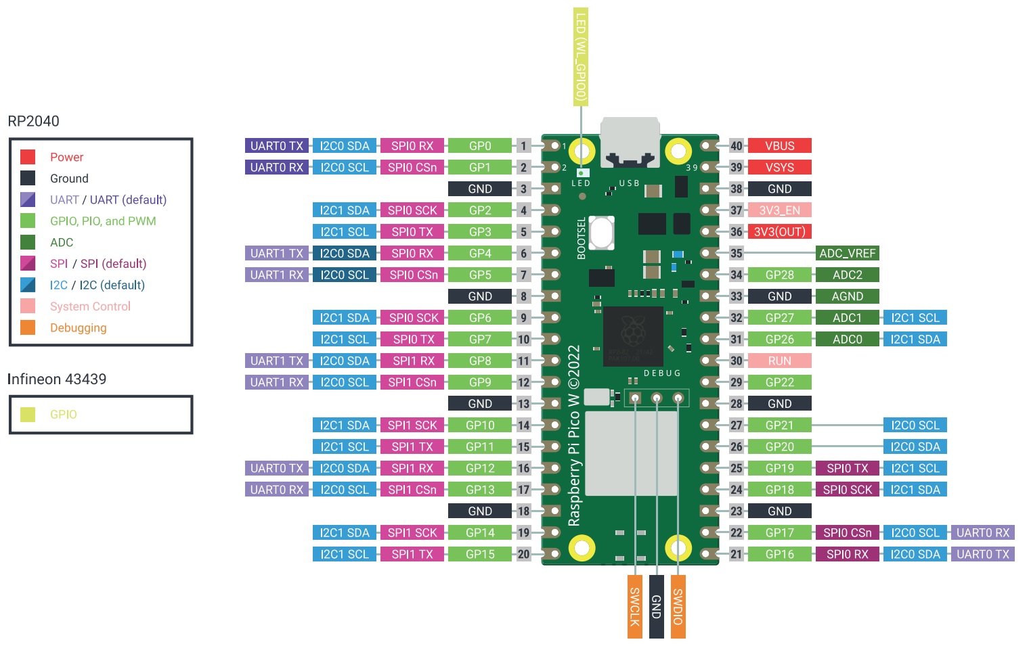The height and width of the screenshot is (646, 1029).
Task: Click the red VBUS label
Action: pyautogui.click(x=779, y=145)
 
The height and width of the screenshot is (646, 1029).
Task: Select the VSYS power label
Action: pyautogui.click(x=779, y=167)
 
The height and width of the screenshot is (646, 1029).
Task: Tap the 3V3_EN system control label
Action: pyautogui.click(x=779, y=210)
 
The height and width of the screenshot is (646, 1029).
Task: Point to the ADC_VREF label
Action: pyautogui.click(x=847, y=254)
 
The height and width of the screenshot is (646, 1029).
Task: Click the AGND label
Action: pyautogui.click(x=847, y=296)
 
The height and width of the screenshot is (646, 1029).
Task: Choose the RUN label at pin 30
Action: pyautogui.click(x=779, y=361)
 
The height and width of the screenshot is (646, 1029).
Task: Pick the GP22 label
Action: pyautogui.click(x=779, y=382)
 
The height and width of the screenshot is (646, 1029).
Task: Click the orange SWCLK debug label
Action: pyautogui.click(x=634, y=606)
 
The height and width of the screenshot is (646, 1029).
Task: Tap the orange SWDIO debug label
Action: pyautogui.click(x=678, y=606)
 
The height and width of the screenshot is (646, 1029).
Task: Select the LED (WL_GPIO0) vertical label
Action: pyautogui.click(x=580, y=57)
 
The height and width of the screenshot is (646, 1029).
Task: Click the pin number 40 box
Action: pyautogui.click(x=737, y=145)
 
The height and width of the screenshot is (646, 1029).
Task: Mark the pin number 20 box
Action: pyautogui.click(x=523, y=554)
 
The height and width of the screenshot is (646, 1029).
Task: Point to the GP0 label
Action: pyautogui.click(x=480, y=145)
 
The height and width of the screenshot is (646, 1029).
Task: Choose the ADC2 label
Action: pyautogui.click(x=847, y=275)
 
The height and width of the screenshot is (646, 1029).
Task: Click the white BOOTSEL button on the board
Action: pyautogui.click(x=601, y=233)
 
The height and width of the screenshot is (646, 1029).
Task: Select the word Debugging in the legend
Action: pyautogui.click(x=79, y=328)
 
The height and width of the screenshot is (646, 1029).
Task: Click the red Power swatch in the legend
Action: pyautogui.click(x=28, y=157)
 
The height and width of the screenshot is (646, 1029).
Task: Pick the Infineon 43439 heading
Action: pyautogui.click(x=57, y=379)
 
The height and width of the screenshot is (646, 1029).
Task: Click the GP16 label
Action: pyautogui.click(x=779, y=554)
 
